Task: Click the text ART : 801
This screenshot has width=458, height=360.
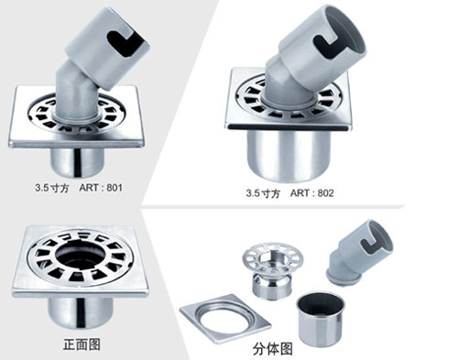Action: pyautogui.click(x=101, y=188)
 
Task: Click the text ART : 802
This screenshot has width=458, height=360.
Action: pyautogui.click(x=311, y=193)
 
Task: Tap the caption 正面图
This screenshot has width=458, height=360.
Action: pyautogui.click(x=82, y=344)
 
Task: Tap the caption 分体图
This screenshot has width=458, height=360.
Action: pyautogui.click(x=272, y=349)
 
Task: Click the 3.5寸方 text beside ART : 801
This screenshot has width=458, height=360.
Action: pyautogui.click(x=51, y=188)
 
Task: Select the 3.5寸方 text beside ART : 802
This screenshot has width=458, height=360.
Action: pyautogui.click(x=263, y=193)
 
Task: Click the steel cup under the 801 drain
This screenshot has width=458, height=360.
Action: pyautogui.click(x=78, y=162)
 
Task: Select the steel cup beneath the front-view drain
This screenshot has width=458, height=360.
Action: pyautogui.click(x=80, y=312)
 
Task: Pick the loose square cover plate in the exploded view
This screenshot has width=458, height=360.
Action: pyautogui.click(x=225, y=319)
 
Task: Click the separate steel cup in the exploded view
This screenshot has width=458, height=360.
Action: pyautogui.click(x=321, y=320)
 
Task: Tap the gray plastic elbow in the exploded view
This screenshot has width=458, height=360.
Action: pyautogui.click(x=358, y=254)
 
